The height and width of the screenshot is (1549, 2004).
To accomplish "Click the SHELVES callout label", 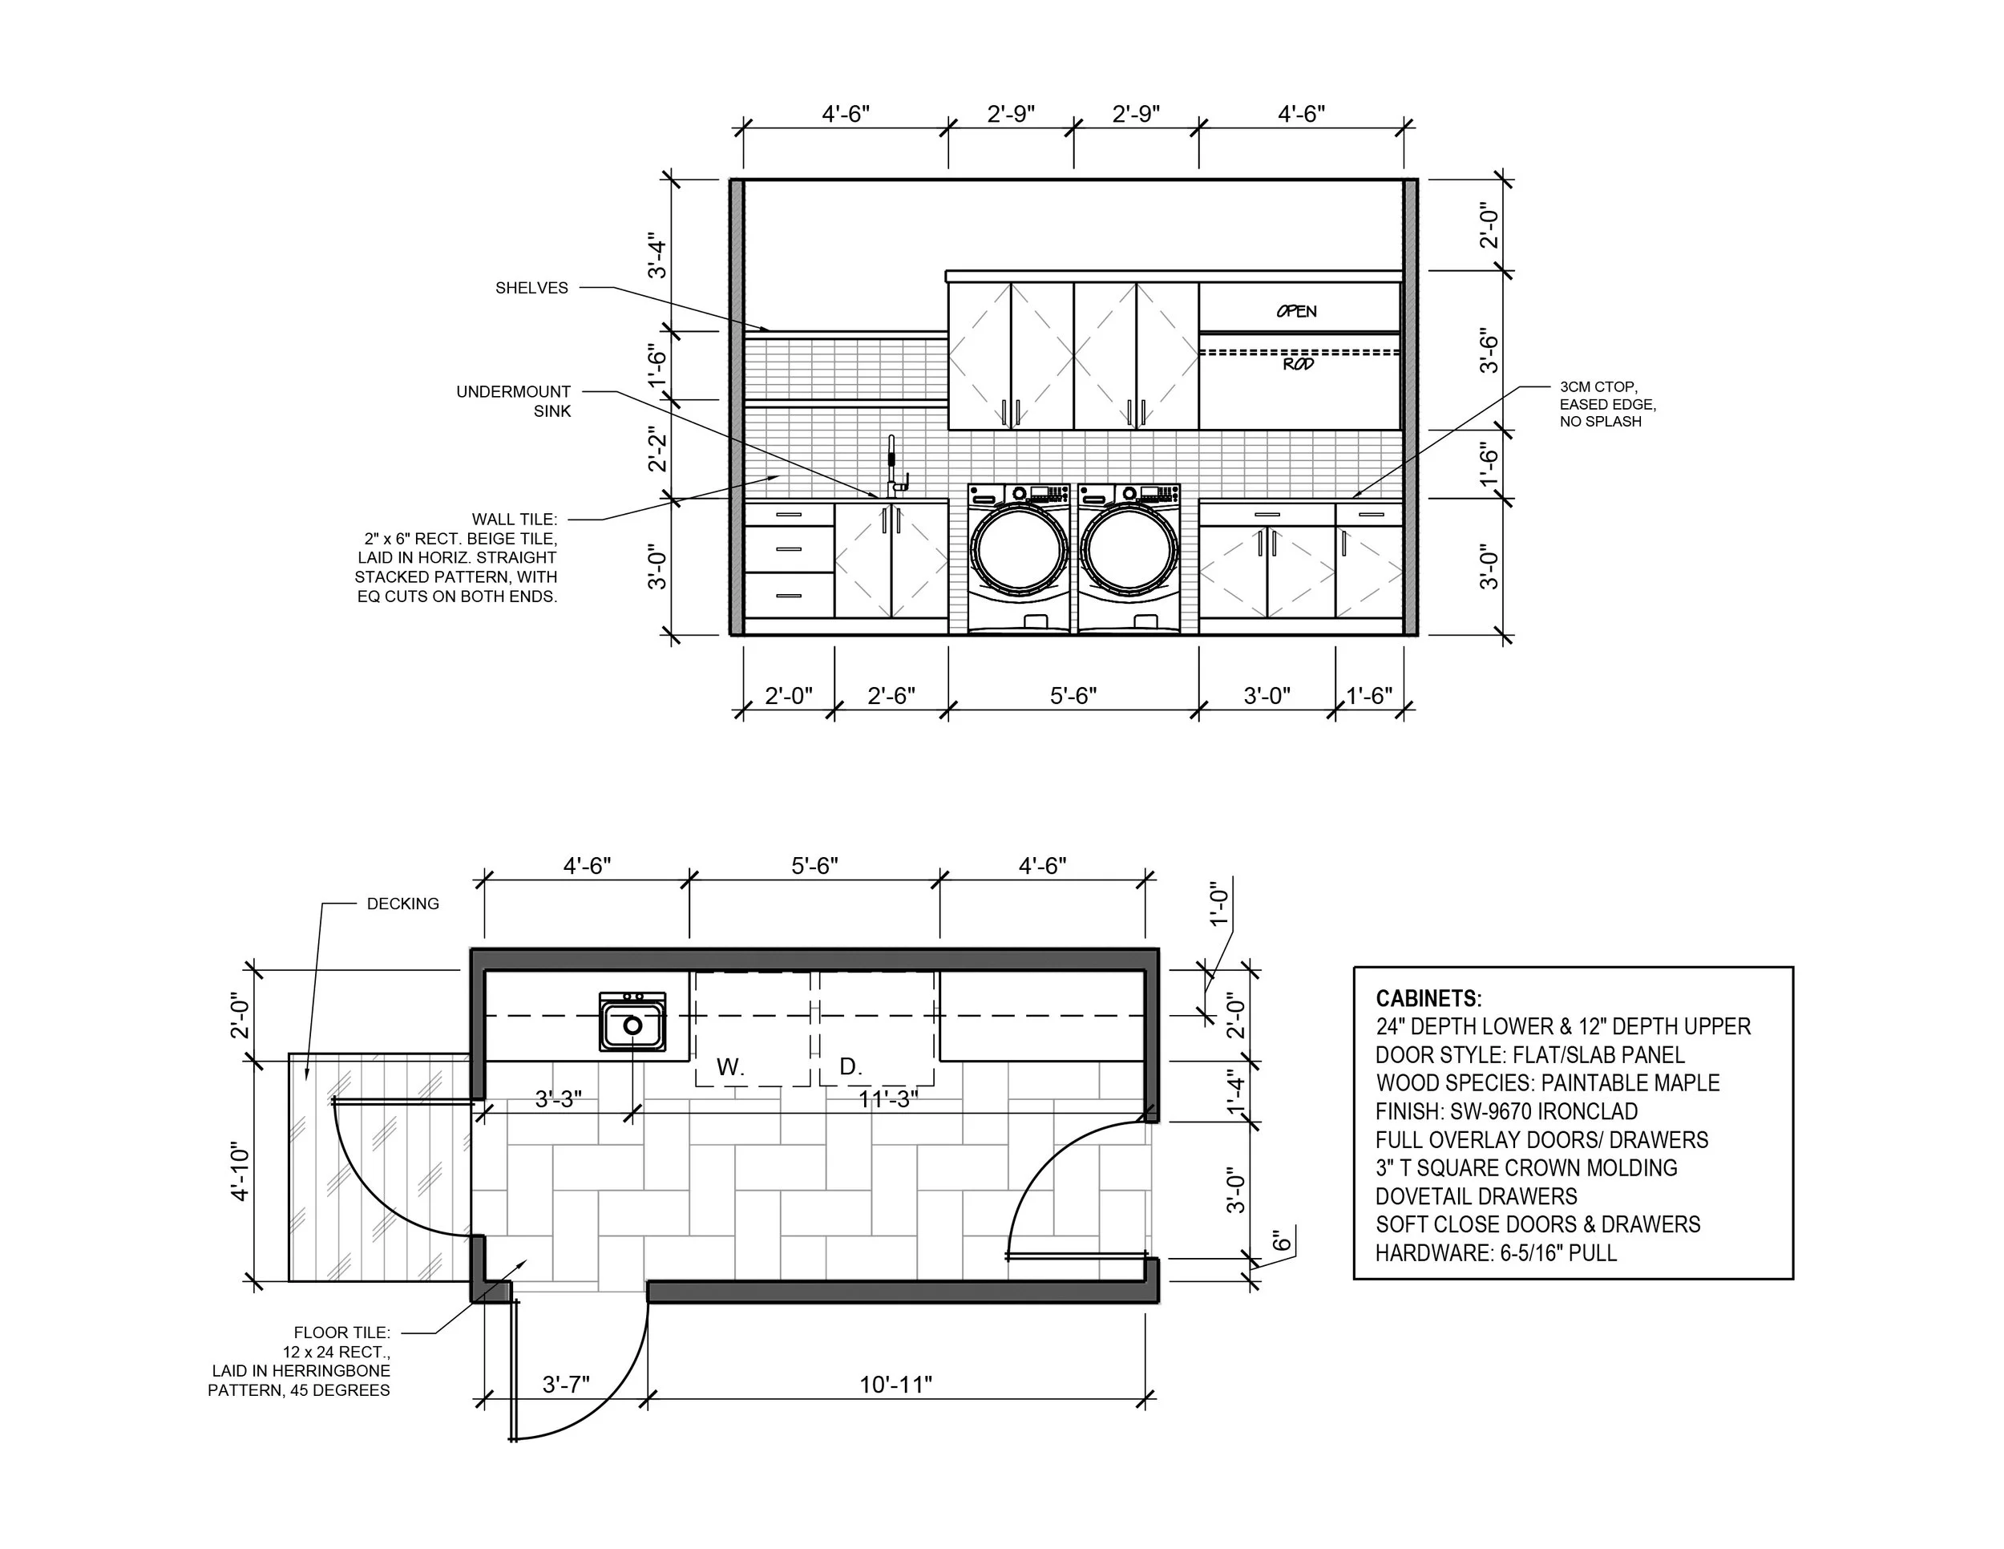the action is point(531,288).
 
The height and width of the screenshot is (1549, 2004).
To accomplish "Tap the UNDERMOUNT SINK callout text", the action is point(514,401).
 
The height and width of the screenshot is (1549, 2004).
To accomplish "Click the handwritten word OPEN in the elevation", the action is point(1296,311).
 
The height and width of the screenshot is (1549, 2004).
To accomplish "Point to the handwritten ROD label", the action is point(1299,364).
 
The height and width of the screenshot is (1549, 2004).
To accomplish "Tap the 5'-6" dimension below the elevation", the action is point(1073,696).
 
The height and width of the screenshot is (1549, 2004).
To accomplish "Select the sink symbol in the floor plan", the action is point(632,1021).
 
